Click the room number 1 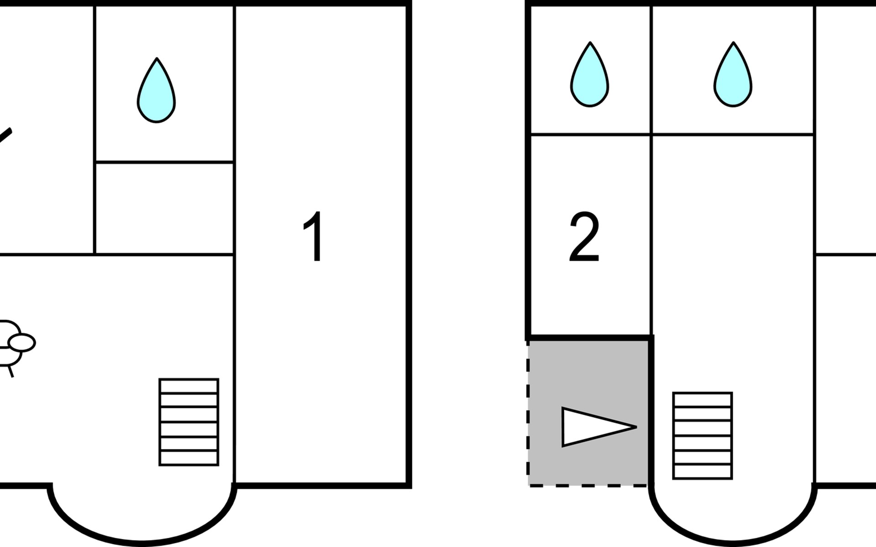(314, 237)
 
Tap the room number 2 (584, 237)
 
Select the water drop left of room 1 (156, 91)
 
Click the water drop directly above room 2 (589, 76)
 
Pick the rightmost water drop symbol (733, 76)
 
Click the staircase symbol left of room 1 (189, 422)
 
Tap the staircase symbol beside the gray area (703, 435)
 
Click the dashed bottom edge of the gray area (589, 486)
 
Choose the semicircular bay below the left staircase (142, 511)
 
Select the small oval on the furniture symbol (22, 342)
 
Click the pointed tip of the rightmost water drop (733, 44)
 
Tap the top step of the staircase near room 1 (189, 386)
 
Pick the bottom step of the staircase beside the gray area (703, 471)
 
